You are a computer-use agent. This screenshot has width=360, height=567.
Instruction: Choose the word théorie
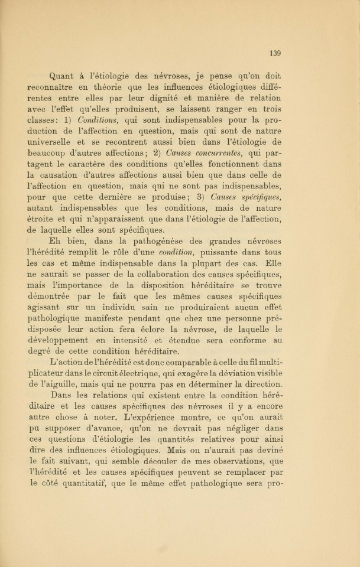pos(105,87)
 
